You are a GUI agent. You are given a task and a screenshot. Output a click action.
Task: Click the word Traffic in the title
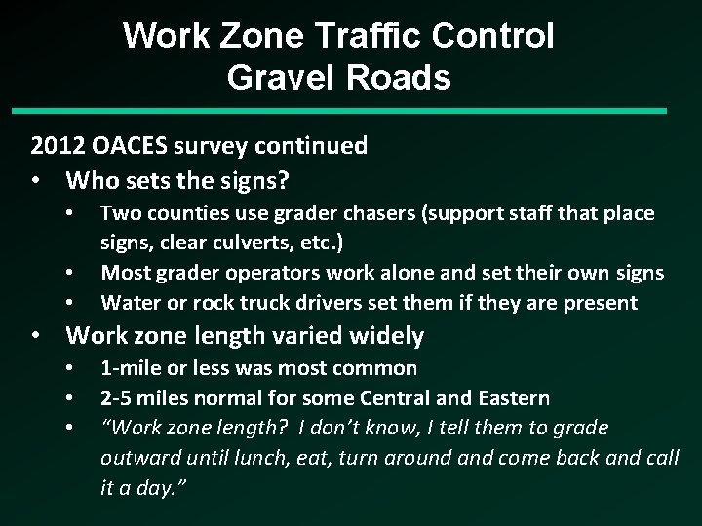click(x=378, y=37)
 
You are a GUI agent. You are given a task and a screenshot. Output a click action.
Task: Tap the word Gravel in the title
click(x=282, y=78)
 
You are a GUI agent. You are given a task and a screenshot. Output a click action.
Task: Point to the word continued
click(x=312, y=146)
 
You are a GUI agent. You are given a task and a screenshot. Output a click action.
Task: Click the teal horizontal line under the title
click(x=350, y=112)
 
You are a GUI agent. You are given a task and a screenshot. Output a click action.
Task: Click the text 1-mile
click(x=131, y=368)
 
